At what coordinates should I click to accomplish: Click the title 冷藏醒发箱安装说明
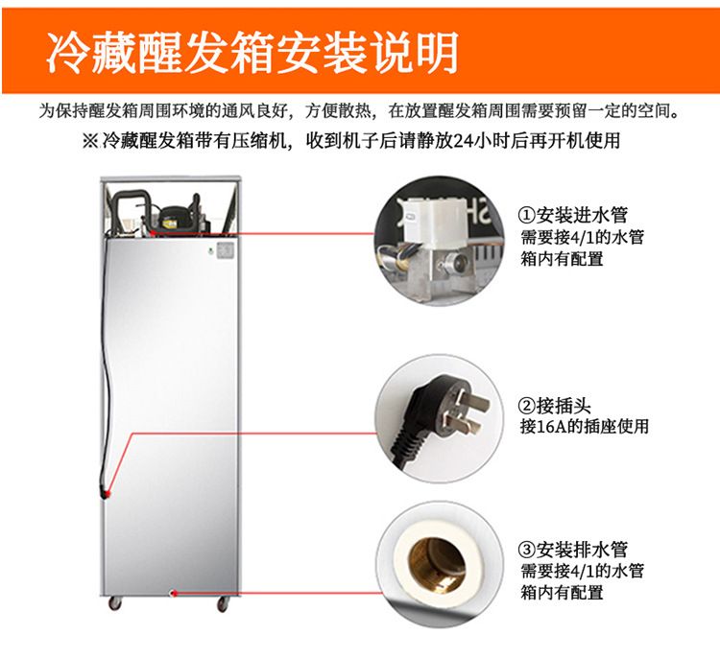pyautogui.click(x=252, y=52)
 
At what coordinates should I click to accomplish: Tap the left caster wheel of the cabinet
pyautogui.click(x=115, y=603)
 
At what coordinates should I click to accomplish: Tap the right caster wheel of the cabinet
pyautogui.click(x=223, y=604)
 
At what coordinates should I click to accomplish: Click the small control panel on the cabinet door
pyautogui.click(x=225, y=250)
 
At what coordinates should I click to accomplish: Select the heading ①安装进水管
pyautogui.click(x=572, y=215)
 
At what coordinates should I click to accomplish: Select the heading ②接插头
pyautogui.click(x=554, y=406)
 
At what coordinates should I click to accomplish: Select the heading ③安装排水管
pyautogui.click(x=572, y=549)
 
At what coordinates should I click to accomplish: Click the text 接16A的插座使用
pyautogui.click(x=584, y=426)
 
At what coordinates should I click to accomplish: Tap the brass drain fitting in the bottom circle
pyautogui.click(x=436, y=565)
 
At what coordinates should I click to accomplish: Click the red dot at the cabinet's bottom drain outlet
pyautogui.click(x=174, y=593)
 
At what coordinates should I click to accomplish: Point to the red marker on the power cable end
pyautogui.click(x=107, y=494)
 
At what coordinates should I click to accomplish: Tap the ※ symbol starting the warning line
pyautogui.click(x=90, y=140)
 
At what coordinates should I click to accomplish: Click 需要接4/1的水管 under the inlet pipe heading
pyautogui.click(x=582, y=237)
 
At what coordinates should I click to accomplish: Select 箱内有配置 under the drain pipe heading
pyautogui.click(x=562, y=592)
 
